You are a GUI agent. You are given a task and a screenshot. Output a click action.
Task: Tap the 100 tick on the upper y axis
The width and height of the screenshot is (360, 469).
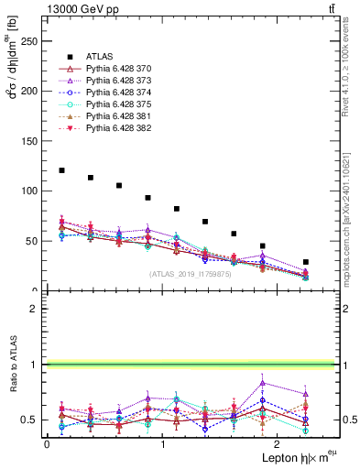pyautogui.click(x=30, y=191)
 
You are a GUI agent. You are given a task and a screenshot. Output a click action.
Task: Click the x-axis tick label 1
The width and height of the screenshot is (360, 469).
pyautogui.click(x=162, y=444)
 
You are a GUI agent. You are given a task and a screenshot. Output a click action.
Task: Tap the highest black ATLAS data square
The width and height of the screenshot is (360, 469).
pyautogui.click(x=61, y=170)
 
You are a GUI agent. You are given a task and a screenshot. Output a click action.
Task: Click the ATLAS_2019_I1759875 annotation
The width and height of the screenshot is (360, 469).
pyautogui.click(x=189, y=274)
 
